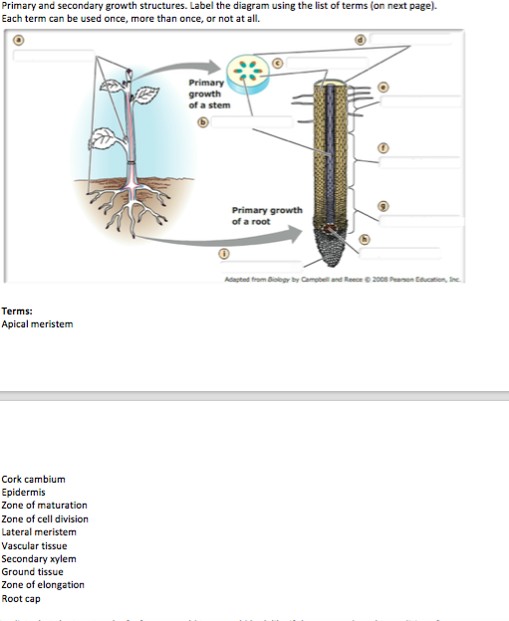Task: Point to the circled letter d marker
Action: point(360,40)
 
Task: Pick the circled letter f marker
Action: point(383,146)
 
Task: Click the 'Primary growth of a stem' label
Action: point(205,94)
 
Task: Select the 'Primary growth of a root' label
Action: point(266,215)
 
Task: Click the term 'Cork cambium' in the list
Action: point(34,479)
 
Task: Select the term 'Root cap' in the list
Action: point(22,598)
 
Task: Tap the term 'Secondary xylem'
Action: point(39,558)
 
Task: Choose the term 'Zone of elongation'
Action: point(43,585)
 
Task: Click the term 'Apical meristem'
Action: point(37,323)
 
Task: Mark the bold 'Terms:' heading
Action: point(17,310)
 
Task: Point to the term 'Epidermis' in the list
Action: point(25,492)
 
